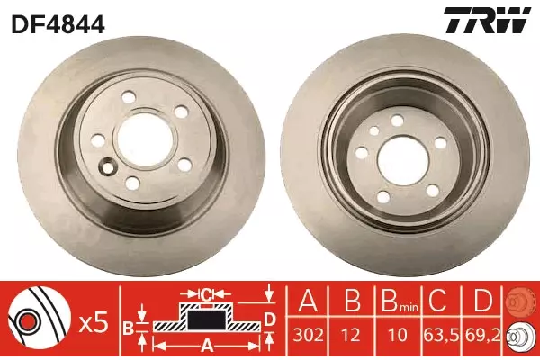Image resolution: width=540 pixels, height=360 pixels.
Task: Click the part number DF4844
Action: (x=58, y=24)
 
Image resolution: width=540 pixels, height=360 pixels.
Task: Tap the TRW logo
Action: (x=487, y=20)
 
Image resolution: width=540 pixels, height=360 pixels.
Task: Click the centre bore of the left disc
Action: (x=145, y=138)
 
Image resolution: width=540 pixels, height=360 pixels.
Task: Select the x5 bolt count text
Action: (x=94, y=324)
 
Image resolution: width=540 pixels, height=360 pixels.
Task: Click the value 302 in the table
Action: (x=308, y=335)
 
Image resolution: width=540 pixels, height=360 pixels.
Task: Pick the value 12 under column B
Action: (x=351, y=335)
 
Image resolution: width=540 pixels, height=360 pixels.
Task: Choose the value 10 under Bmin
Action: (x=398, y=335)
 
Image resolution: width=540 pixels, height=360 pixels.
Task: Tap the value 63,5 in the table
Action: (x=442, y=335)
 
